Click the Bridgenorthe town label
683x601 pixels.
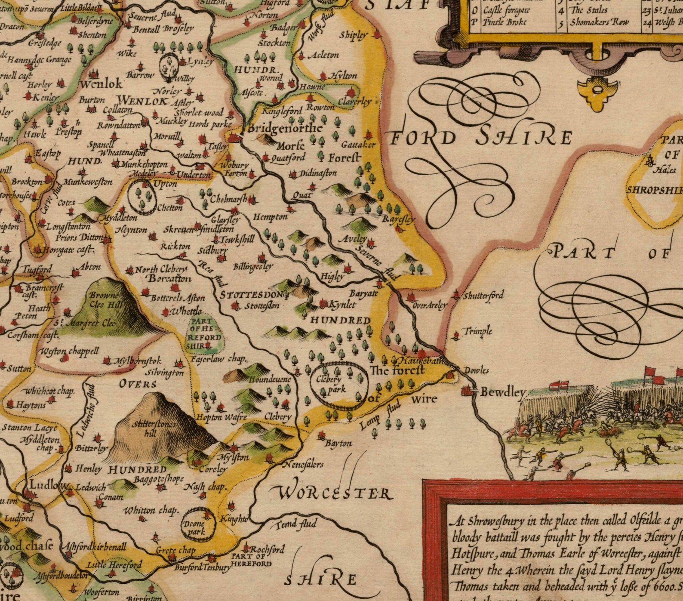[x=285, y=128]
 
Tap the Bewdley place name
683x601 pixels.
[x=502, y=392]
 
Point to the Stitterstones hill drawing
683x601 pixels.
[x=153, y=426]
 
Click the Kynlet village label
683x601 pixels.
[x=342, y=305]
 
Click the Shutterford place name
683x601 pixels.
[x=483, y=296]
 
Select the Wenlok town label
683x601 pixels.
[x=101, y=83]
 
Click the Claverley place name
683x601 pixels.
[x=354, y=102]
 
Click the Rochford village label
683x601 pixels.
[x=267, y=549]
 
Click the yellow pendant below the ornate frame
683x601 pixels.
[x=597, y=91]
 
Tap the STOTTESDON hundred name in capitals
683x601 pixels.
[x=252, y=295]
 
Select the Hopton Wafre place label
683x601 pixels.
[x=221, y=417]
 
